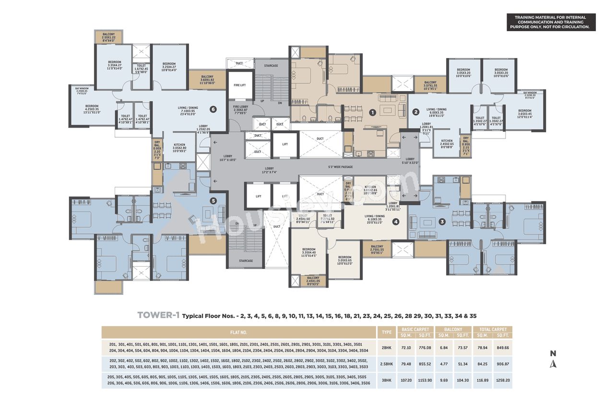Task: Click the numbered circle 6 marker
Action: coord(213,109)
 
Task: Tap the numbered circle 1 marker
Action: coord(372,112)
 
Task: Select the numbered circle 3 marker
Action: coord(442,222)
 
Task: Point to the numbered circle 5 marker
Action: coord(213,201)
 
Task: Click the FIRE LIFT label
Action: coord(240,85)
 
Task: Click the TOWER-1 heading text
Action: coord(158,315)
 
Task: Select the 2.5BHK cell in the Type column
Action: coord(386,364)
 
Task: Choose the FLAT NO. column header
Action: coord(238,332)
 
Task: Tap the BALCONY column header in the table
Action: coord(453,329)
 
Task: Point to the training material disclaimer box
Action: coord(551,22)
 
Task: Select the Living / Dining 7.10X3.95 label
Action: coord(181,111)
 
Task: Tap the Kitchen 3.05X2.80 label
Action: coord(179,147)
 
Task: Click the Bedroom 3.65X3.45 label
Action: coord(524,114)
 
